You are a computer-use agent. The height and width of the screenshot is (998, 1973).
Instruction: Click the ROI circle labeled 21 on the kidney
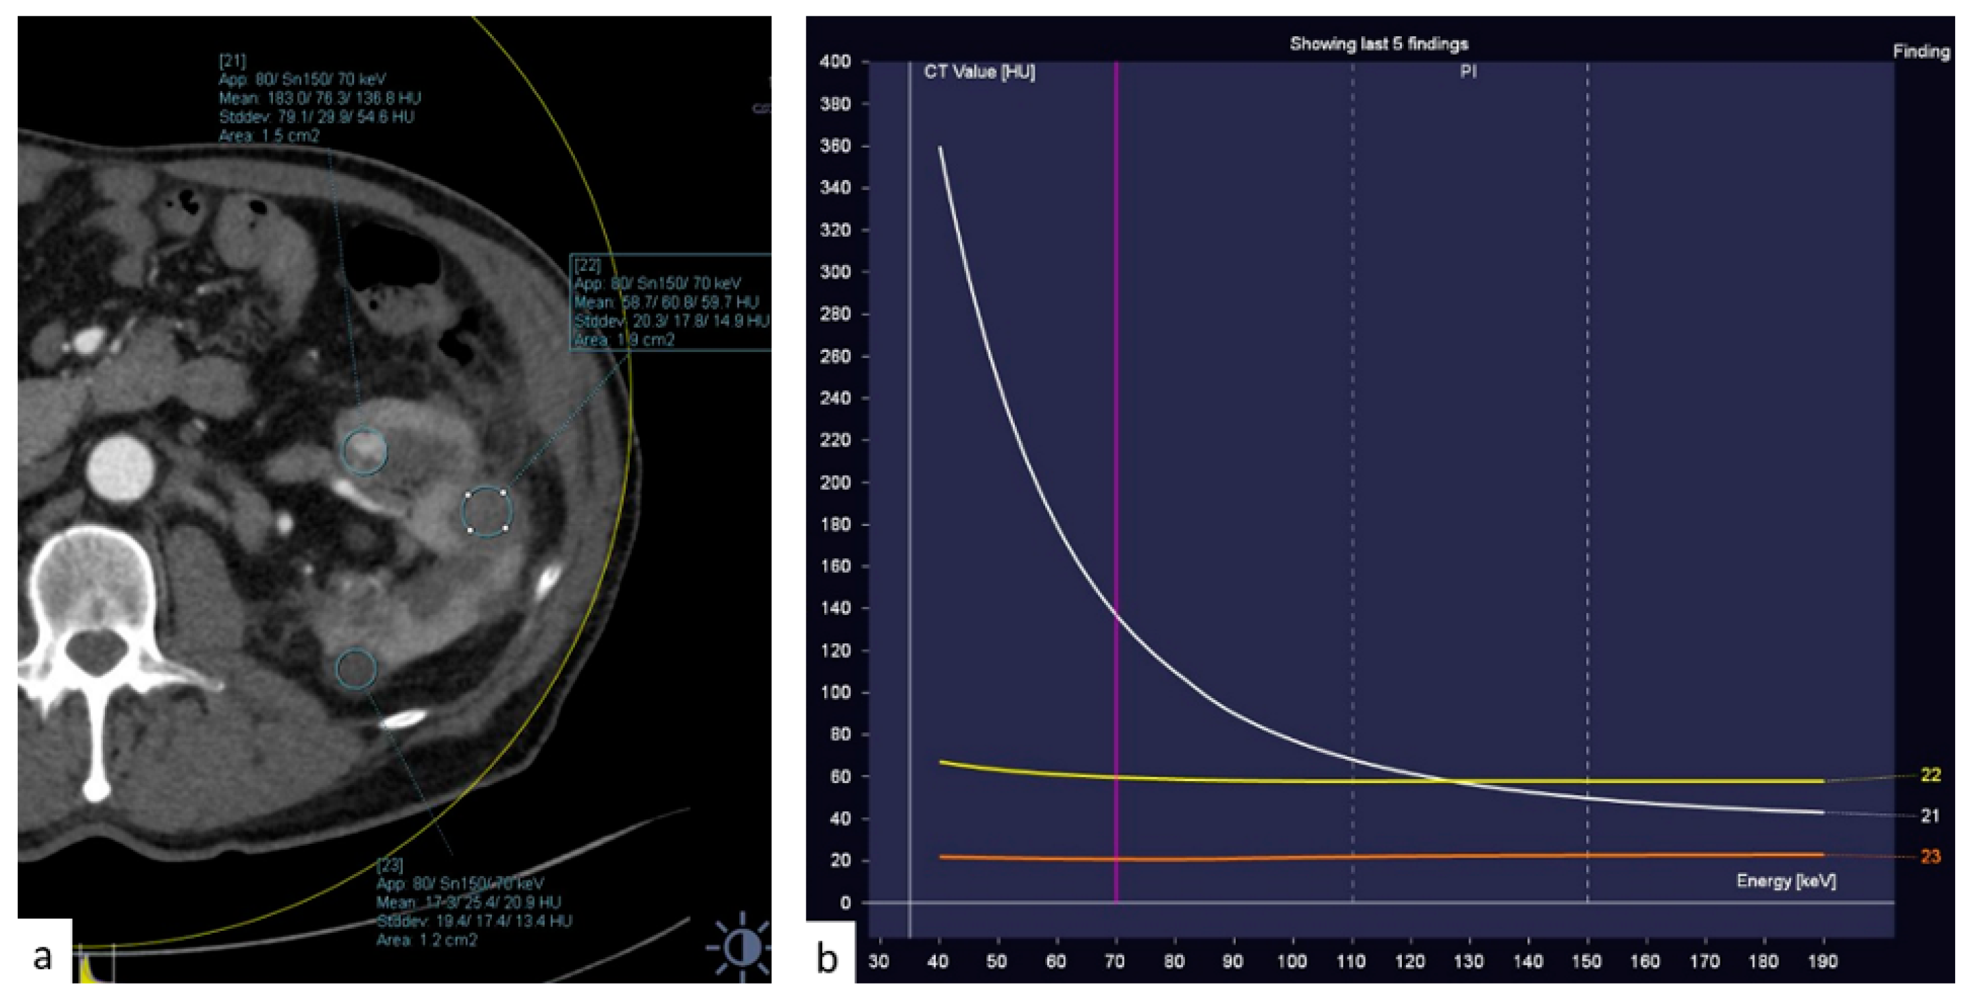(x=365, y=451)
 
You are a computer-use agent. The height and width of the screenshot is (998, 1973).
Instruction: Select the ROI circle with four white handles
(x=487, y=511)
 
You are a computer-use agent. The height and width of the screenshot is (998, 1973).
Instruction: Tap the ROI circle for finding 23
(x=356, y=668)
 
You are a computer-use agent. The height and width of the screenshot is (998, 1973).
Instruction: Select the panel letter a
(x=43, y=956)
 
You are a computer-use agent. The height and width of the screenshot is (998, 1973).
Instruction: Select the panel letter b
(x=827, y=957)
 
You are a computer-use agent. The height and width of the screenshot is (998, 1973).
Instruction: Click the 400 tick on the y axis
(x=835, y=61)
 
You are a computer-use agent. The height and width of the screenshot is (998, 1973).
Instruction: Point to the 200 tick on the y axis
(x=835, y=483)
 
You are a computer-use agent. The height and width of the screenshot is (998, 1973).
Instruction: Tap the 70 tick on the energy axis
(x=1115, y=961)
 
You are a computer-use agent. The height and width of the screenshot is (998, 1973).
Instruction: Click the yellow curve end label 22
(x=1930, y=775)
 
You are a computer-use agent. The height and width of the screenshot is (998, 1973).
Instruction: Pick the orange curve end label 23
(x=1930, y=856)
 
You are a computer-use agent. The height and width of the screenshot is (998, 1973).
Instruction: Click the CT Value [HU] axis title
(x=979, y=72)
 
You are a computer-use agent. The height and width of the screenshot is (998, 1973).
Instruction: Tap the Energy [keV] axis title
(x=1785, y=881)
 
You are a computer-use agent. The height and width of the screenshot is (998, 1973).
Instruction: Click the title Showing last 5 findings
(x=1379, y=44)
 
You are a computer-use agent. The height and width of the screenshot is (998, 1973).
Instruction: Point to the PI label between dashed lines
(x=1469, y=72)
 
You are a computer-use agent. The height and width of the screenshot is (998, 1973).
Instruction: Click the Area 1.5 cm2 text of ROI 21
(x=269, y=136)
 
